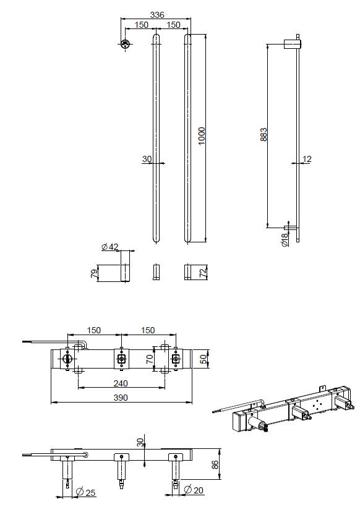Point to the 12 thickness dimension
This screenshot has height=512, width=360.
(x=307, y=160)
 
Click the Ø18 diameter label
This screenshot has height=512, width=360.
(x=285, y=239)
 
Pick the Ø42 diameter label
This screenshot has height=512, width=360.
(x=109, y=247)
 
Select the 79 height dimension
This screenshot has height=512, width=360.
(x=94, y=273)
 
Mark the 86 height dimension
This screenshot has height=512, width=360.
(x=215, y=464)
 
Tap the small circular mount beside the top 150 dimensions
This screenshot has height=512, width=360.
(x=125, y=44)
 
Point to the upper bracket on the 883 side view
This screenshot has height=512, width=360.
(x=292, y=43)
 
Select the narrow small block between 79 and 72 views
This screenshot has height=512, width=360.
(x=156, y=272)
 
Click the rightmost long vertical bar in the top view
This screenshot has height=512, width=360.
(x=188, y=139)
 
